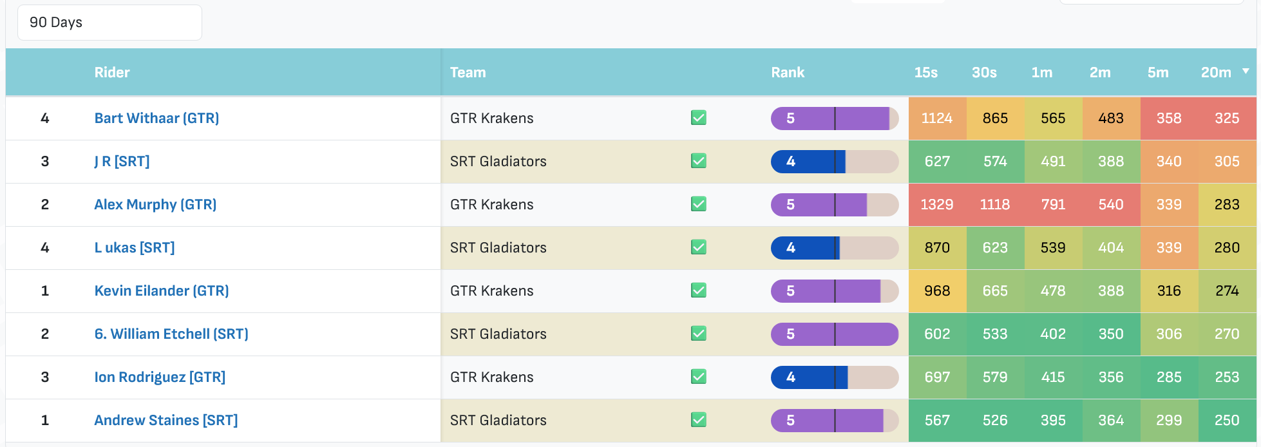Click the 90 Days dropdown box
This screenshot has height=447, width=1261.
point(109,23)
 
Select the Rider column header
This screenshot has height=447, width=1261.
point(112,73)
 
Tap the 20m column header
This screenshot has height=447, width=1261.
point(1216,73)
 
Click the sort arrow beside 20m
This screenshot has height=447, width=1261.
point(1246,71)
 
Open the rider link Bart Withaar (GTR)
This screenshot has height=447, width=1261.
point(156,119)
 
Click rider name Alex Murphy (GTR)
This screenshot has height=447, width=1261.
point(155,205)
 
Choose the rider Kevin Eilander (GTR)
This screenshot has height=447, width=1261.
point(162,291)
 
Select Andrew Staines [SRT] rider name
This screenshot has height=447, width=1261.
point(166,421)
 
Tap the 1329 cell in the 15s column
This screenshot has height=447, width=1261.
point(937,205)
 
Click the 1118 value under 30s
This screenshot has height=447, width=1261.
point(995,205)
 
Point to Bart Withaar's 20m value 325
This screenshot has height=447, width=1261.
point(1227,119)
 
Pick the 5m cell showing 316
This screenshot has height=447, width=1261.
point(1169,291)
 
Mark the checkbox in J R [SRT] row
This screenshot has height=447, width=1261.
point(699,161)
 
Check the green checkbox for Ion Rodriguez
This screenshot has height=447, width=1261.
point(699,377)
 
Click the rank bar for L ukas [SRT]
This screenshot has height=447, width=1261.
point(835,248)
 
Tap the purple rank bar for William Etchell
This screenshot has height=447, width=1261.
point(835,334)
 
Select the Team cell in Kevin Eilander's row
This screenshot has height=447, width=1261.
point(492,291)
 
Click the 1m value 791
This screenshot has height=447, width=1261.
point(1053,205)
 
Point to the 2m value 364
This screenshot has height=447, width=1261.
point(1111,421)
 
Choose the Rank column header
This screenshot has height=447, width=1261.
point(788,73)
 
